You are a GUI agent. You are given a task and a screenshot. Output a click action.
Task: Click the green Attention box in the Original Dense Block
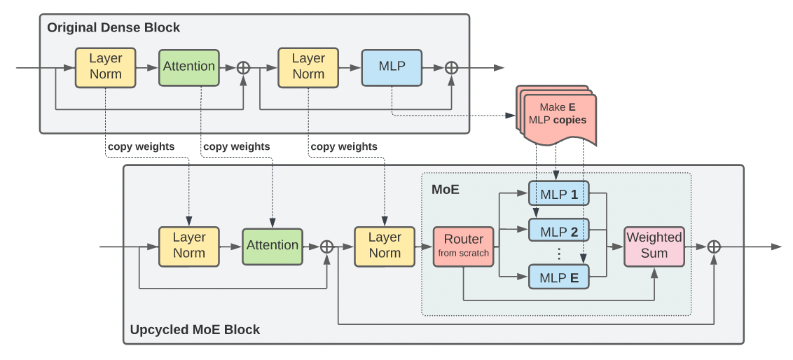(x=189, y=67)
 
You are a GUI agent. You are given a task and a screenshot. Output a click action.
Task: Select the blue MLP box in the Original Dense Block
(x=392, y=67)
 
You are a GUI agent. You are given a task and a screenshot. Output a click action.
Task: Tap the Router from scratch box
(x=463, y=246)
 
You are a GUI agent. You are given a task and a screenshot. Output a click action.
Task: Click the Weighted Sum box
(x=654, y=246)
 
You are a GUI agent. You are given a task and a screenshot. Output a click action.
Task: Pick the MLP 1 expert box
(x=558, y=194)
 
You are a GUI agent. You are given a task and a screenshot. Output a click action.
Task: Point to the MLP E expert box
(x=558, y=277)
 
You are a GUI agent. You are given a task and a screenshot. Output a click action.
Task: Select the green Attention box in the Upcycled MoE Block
(x=273, y=246)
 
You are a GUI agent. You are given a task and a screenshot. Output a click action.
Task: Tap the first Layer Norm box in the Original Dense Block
(x=105, y=67)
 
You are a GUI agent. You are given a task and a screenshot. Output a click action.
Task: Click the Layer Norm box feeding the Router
(x=385, y=246)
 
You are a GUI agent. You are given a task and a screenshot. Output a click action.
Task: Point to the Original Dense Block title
(x=113, y=28)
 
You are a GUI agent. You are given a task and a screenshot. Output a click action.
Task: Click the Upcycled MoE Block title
(x=195, y=329)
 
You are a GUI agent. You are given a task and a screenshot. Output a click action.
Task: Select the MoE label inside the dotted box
(x=446, y=189)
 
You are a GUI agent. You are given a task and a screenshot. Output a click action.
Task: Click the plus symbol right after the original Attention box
(x=243, y=67)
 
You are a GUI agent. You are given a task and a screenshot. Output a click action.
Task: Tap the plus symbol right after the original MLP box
(x=452, y=67)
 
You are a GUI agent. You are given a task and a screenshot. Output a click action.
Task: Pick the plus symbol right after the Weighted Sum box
(x=713, y=246)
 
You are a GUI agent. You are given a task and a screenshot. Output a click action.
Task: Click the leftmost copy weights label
(x=141, y=146)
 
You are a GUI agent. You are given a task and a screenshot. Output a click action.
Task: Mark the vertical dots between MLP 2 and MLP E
(x=558, y=253)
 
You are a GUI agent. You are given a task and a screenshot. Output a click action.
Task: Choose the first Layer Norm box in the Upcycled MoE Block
(x=188, y=246)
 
